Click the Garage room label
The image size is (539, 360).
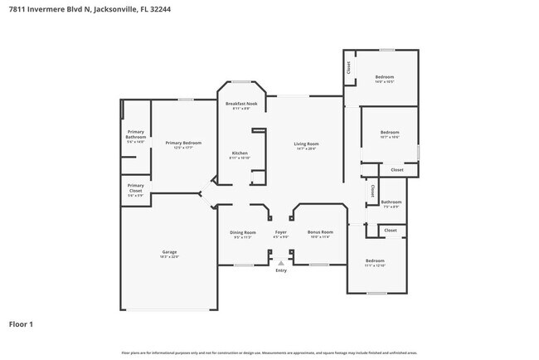click(x=169, y=252)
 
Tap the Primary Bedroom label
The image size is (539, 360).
click(x=179, y=143)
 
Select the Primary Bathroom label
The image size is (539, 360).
click(x=136, y=134)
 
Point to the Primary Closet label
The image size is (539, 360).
click(x=136, y=187)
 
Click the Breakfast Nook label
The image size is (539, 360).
click(x=241, y=104)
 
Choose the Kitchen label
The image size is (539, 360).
click(x=240, y=153)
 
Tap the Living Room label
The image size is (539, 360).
click(x=306, y=144)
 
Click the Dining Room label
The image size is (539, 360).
click(x=243, y=232)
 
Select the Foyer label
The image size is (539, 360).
click(x=281, y=232)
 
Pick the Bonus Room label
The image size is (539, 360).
click(x=320, y=232)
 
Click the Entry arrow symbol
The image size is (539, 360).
click(x=281, y=263)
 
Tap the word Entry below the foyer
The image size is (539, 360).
click(x=281, y=270)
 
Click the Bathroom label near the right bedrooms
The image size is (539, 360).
click(x=391, y=202)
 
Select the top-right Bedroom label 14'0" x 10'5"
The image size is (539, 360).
click(x=384, y=78)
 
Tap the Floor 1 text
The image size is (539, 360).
click(x=22, y=324)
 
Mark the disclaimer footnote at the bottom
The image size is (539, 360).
click(x=269, y=353)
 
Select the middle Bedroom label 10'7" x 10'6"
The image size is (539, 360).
click(x=390, y=133)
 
